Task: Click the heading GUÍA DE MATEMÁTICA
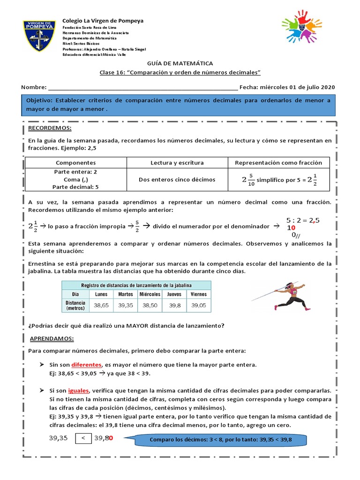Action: coord(180,63)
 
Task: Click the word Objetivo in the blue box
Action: coord(39,100)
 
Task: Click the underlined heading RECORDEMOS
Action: coord(50,128)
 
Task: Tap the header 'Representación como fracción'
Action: coord(278,163)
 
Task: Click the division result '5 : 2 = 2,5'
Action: coord(303,220)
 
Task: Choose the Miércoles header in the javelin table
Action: coord(150,294)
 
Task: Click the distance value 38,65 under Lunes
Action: coord(101,305)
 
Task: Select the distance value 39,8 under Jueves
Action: coord(174,305)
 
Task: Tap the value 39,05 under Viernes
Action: coord(198,305)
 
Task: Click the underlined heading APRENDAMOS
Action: coord(52,338)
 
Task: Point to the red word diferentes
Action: coord(86,364)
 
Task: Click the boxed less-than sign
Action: coord(83,438)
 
